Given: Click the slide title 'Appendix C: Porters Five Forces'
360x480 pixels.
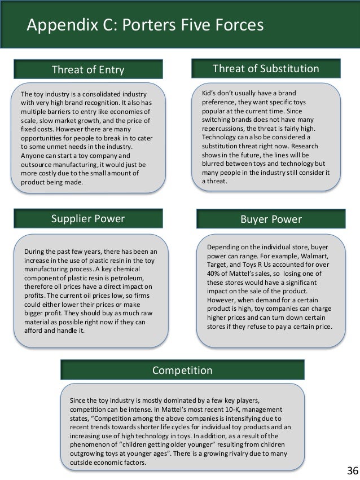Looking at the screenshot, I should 145,25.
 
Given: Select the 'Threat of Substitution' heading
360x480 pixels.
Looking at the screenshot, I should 265,69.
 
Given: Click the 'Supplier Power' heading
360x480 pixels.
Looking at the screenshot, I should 88,218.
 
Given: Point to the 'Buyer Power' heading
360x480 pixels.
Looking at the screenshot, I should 271,218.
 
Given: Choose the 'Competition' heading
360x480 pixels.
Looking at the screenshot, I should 182,371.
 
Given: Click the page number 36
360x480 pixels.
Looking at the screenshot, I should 350,470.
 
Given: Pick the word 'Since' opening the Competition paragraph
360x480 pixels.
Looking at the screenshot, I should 78,400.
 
